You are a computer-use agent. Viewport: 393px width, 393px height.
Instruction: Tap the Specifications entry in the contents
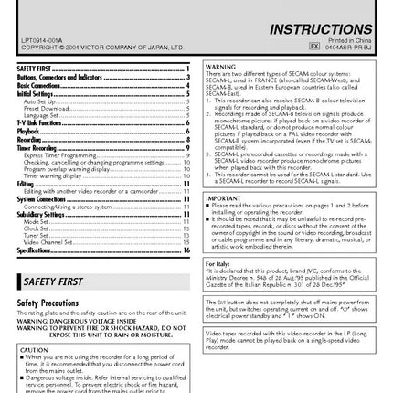coord(35,250)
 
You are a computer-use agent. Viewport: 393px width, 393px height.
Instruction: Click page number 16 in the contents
coord(185,250)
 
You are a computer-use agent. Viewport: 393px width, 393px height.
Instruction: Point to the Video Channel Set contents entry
coord(49,243)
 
